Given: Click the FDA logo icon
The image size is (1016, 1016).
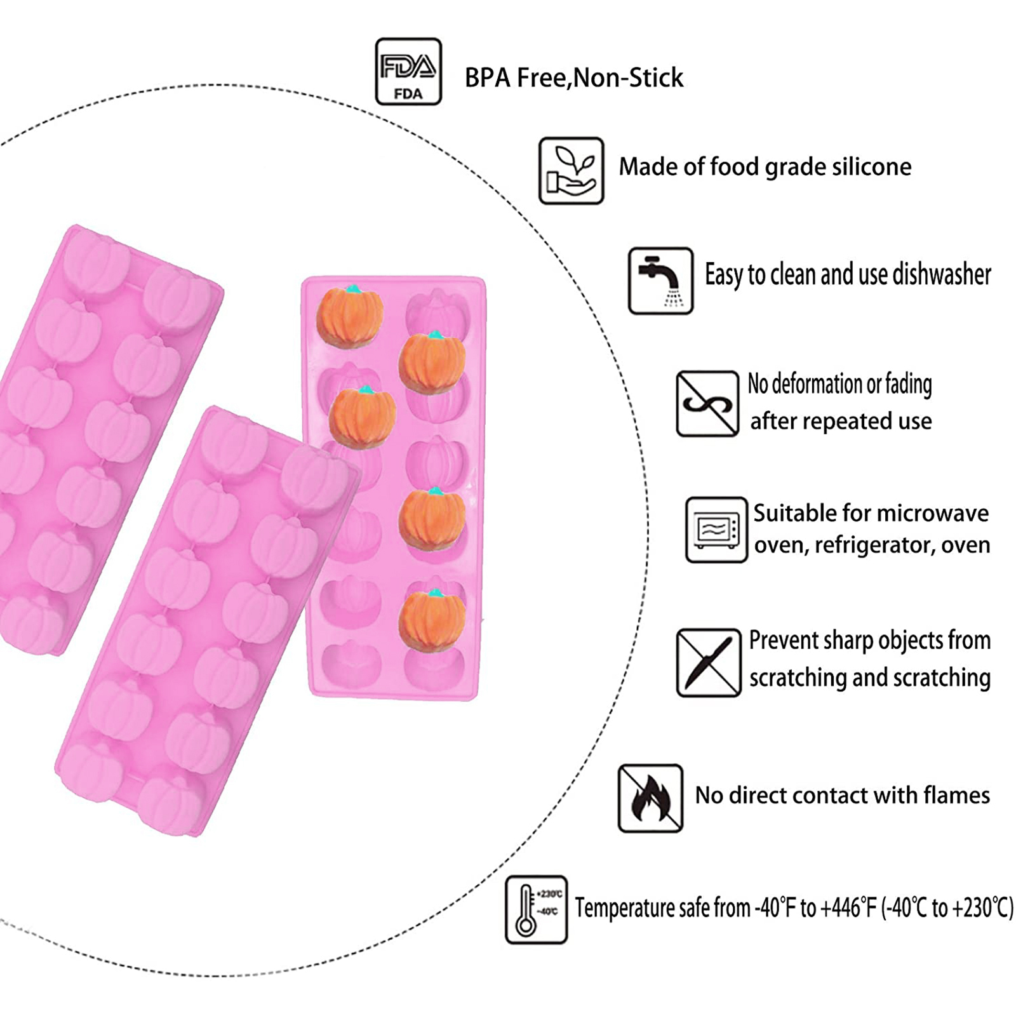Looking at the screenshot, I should coord(408,71).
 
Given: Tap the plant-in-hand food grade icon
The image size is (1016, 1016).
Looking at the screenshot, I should coord(571,170).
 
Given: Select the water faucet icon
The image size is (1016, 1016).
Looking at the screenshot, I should coord(660,280).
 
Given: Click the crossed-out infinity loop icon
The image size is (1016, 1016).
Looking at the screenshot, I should coord(707,403).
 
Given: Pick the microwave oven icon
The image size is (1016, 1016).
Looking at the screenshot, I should coord(716,529).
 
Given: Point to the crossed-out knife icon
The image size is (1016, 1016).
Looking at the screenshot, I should coord(708,662).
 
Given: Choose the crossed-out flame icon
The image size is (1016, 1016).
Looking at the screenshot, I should coord(650,798).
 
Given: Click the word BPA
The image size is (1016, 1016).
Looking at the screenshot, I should coord(488,78).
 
